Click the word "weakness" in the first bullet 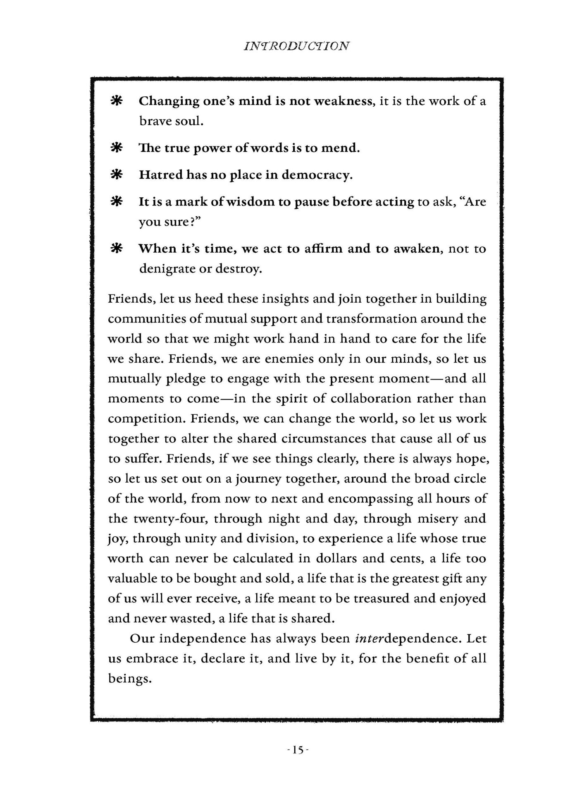(x=344, y=101)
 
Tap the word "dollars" (x=336, y=558)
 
